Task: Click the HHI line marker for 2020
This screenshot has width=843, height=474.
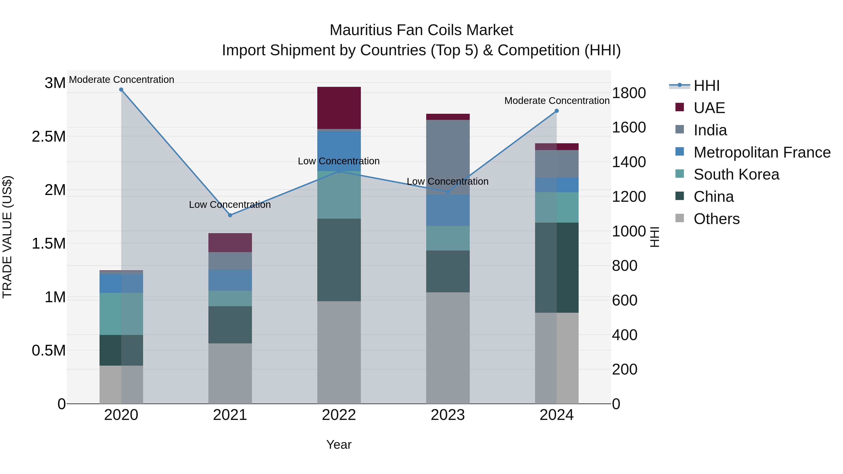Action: click(x=121, y=90)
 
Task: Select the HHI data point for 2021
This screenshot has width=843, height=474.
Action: click(x=230, y=215)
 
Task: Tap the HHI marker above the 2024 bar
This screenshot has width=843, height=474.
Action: click(x=557, y=111)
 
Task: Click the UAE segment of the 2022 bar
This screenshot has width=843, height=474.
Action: click(x=339, y=108)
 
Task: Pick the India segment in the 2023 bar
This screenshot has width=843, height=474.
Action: click(x=448, y=157)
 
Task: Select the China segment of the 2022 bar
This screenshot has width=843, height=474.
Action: click(x=339, y=260)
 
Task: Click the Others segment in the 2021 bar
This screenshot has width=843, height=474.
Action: click(x=230, y=373)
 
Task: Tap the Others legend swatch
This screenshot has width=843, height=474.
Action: click(x=680, y=218)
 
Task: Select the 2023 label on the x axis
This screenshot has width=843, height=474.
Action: click(x=448, y=415)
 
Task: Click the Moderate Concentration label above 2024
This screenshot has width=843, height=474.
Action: click(x=557, y=101)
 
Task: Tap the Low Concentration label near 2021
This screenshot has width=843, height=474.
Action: click(x=230, y=205)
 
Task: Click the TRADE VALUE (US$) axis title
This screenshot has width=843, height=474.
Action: click(x=7, y=237)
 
